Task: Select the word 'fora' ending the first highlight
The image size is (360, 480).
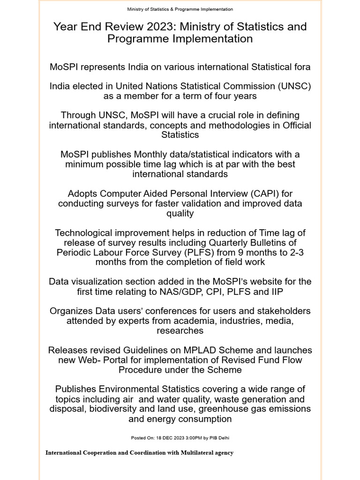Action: click(x=300, y=67)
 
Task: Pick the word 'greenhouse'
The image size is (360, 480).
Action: click(x=222, y=409)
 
